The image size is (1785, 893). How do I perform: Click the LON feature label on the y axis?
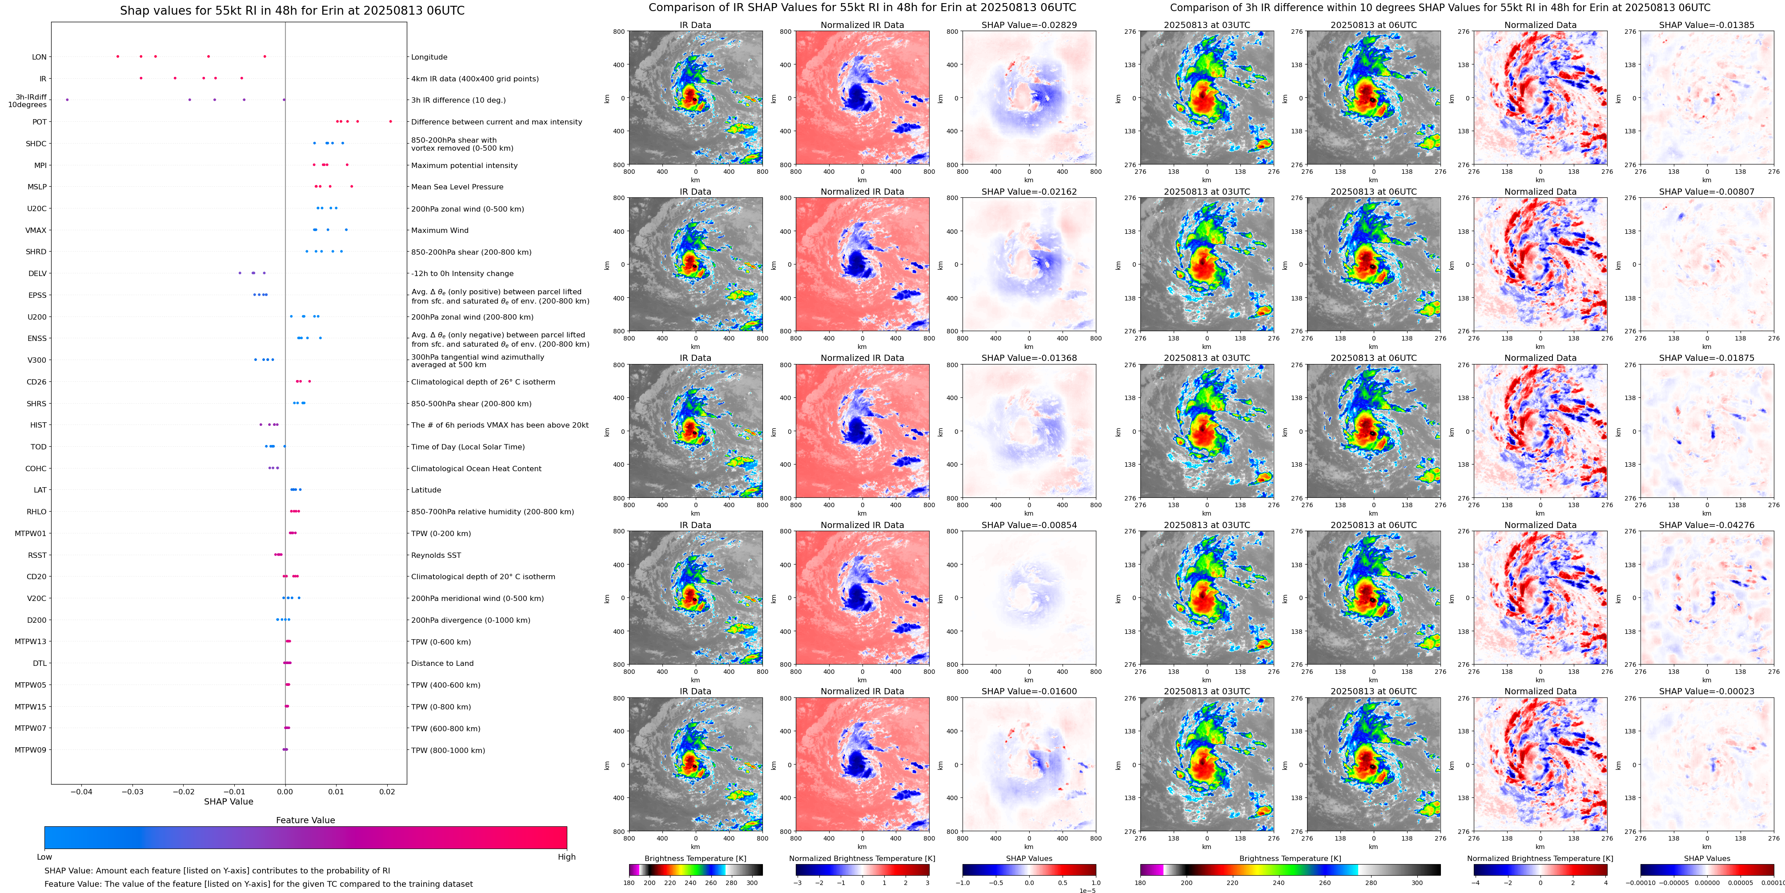[40, 57]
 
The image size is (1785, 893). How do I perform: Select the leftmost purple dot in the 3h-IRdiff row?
[67, 100]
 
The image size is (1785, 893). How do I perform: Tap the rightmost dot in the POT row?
[391, 121]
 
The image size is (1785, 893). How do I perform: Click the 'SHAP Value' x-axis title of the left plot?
[229, 801]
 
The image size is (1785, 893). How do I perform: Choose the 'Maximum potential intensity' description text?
[464, 165]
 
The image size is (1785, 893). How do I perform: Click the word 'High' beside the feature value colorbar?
[567, 857]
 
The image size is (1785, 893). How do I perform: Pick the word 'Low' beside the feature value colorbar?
[44, 857]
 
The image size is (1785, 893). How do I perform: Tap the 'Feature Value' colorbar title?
[305, 820]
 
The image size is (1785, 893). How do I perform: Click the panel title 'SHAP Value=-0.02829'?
[1029, 25]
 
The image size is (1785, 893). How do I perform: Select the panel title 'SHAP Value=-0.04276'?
[1707, 525]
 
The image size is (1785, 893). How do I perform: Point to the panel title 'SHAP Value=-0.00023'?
[1707, 691]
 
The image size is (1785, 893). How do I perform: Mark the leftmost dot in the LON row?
[118, 56]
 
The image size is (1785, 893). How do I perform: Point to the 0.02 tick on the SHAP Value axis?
[387, 791]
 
